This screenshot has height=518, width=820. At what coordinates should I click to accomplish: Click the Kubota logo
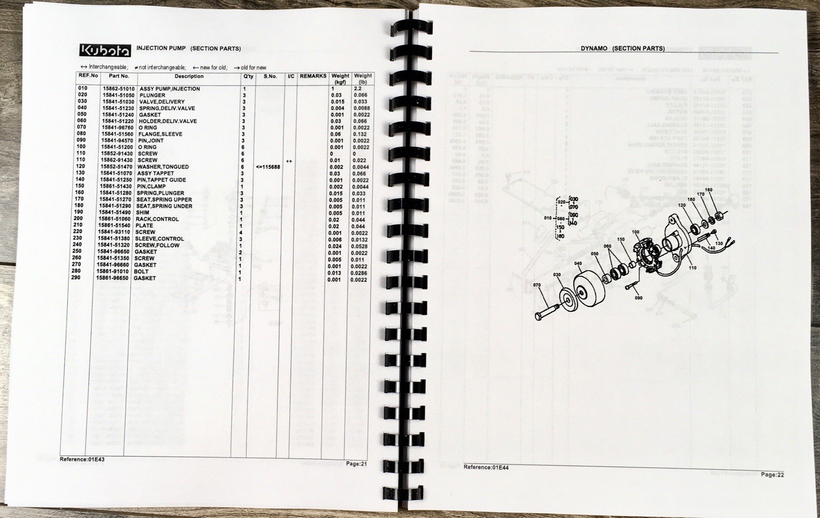[x=105, y=50]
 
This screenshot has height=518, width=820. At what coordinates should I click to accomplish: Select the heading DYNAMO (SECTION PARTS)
[x=623, y=48]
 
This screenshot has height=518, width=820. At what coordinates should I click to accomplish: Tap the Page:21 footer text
[x=356, y=464]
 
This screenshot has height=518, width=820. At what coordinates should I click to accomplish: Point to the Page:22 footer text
[x=772, y=474]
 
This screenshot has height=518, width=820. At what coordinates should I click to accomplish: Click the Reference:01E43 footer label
[x=82, y=459]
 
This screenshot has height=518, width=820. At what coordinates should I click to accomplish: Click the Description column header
[x=189, y=76]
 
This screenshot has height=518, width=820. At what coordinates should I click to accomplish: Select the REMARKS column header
[x=313, y=76]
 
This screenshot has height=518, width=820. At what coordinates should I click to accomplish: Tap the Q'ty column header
[x=248, y=76]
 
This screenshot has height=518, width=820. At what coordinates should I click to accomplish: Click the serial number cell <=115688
[x=268, y=167]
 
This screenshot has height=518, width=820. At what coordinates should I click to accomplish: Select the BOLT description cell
[x=141, y=272]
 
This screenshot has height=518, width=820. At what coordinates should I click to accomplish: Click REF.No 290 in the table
[x=75, y=278]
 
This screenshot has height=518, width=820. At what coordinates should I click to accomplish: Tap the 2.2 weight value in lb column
[x=357, y=89]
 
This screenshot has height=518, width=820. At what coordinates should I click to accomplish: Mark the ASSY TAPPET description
[x=155, y=173]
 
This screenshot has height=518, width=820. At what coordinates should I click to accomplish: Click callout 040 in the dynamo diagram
[x=578, y=264]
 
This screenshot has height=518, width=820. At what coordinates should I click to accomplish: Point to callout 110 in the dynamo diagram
[x=692, y=268]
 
